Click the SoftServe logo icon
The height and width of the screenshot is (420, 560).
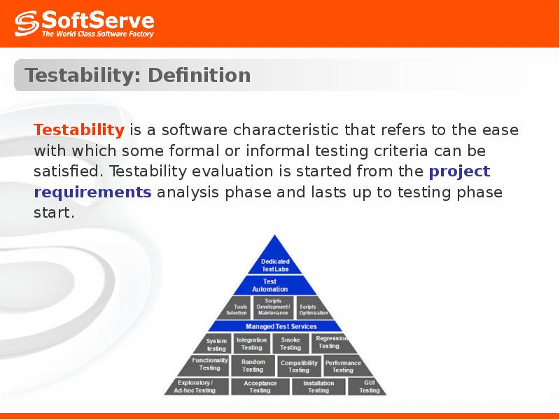tap(26, 24)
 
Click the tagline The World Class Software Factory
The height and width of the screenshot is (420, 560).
tap(97, 33)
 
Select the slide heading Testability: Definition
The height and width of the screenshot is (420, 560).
tap(138, 76)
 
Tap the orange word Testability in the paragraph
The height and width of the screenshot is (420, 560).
tap(79, 130)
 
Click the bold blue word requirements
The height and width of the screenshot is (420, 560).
tap(92, 192)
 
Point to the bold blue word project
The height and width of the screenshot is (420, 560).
tap(459, 171)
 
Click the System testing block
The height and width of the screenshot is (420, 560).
tap(216, 344)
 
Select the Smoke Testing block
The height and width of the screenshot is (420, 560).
tap(290, 344)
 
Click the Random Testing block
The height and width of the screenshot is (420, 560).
tap(253, 365)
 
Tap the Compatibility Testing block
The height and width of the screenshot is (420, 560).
tap(299, 366)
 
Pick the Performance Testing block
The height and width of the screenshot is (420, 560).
tap(343, 365)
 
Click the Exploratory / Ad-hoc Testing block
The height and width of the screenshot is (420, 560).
tap(195, 386)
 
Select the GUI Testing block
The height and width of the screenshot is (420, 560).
tap(369, 386)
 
